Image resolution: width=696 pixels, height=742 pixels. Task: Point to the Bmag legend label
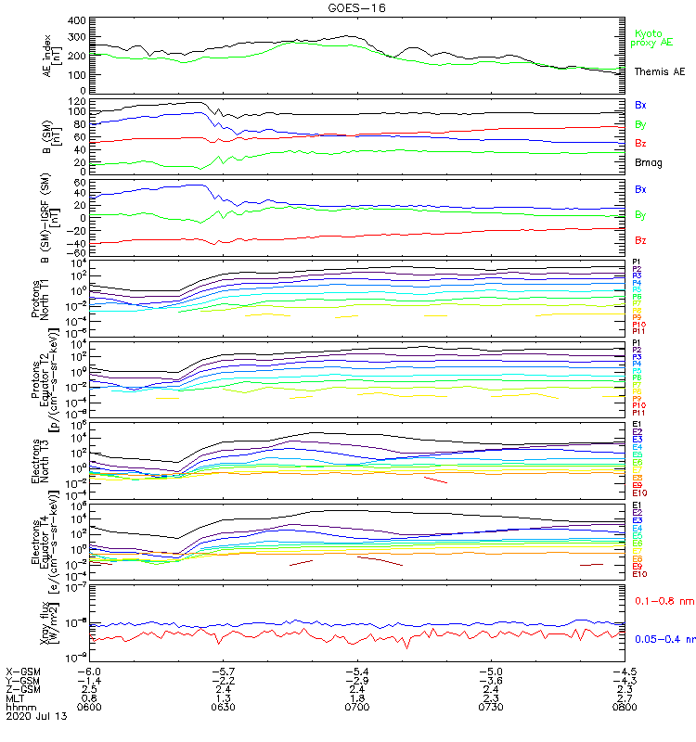(x=647, y=161)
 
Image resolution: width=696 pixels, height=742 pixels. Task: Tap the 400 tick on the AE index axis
(x=77, y=20)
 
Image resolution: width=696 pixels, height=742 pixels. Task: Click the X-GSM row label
(x=24, y=671)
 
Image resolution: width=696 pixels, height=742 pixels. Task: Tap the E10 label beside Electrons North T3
(x=639, y=493)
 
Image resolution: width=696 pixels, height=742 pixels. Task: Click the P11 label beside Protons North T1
(x=638, y=331)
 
